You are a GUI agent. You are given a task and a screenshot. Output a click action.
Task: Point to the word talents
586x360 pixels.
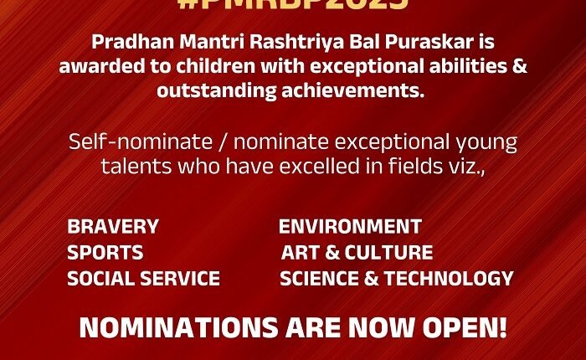134,166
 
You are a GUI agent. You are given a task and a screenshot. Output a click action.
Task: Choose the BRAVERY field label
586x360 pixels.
113,227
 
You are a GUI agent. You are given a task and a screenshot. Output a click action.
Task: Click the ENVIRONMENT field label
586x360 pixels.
350,227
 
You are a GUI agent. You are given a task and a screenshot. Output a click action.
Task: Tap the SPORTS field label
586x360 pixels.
105,252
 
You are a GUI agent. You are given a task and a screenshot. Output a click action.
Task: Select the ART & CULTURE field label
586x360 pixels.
357,252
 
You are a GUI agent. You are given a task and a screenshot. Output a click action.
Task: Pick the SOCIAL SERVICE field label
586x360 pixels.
144,278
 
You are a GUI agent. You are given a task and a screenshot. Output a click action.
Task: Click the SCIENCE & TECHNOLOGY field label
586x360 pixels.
397,278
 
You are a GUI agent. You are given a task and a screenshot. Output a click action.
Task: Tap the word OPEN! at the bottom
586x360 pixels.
458,327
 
